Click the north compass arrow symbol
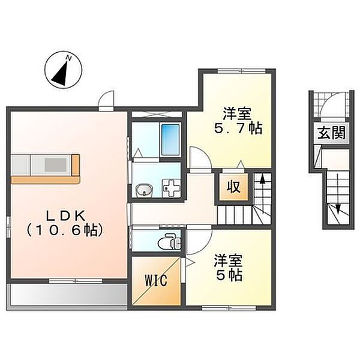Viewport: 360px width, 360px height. (x=61, y=70)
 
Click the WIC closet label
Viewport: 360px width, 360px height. (x=154, y=281)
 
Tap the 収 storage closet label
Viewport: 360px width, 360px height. (x=233, y=187)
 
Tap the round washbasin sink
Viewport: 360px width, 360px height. (x=144, y=191)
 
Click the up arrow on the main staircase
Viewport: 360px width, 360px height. (x=262, y=181)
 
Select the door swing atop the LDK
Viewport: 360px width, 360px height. (x=107, y=99)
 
